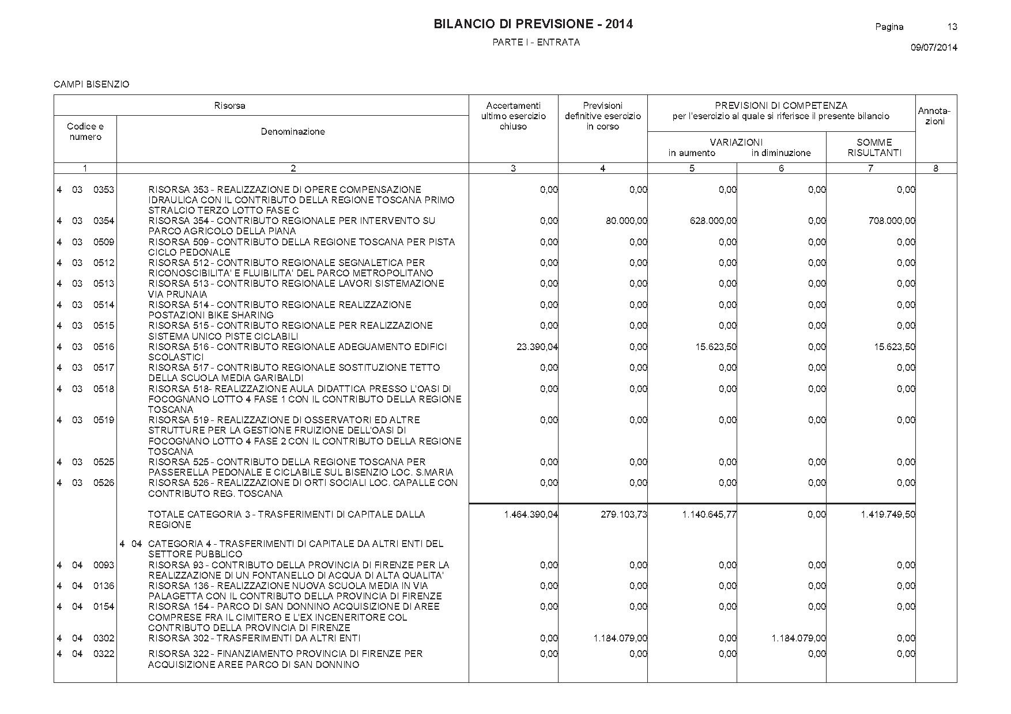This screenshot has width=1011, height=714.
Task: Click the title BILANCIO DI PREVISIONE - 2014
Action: pos(533,24)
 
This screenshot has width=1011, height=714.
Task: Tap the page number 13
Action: pos(952,26)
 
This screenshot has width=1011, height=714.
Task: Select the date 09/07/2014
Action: pos(934,48)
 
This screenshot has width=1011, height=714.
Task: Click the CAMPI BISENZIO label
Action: pos(92,85)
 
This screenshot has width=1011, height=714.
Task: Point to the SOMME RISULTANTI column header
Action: pos(874,147)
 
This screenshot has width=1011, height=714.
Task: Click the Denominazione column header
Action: pos(293,132)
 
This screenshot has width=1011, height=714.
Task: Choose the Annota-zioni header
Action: pos(934,116)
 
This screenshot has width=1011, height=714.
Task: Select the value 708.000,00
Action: pos(891,221)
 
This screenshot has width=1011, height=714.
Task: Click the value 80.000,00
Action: pos(626,221)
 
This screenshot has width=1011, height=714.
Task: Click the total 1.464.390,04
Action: pos(530,515)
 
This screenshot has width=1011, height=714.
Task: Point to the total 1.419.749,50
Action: pos(888,515)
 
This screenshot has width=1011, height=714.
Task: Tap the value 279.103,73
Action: pos(624,515)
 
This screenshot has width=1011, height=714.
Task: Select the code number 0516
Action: pos(104,347)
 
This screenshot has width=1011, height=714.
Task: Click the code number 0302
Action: pos(104,638)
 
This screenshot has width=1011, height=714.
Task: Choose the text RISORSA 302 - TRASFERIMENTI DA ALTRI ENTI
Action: pos(254,638)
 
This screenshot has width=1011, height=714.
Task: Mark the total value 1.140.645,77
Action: pos(709,515)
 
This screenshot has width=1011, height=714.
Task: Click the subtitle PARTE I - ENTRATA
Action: pos(536,43)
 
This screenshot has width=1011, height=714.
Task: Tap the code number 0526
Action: pos(104,483)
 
